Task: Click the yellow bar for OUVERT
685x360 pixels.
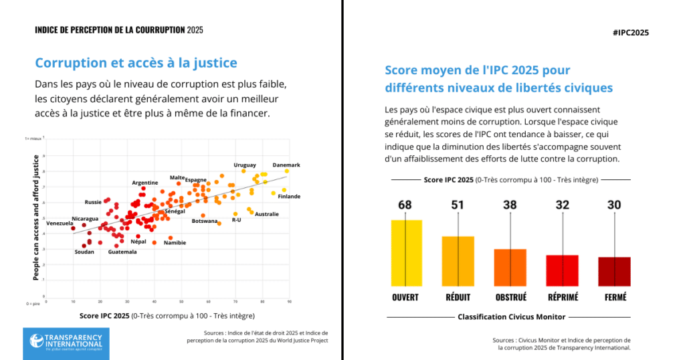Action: coord(406,252)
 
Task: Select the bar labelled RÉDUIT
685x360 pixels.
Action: coord(458,260)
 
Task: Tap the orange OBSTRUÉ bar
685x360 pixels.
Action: coord(510,266)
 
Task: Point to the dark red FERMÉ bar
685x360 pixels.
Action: coord(614,270)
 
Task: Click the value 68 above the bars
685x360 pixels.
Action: coord(405,205)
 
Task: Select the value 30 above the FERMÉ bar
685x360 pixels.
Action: coord(614,205)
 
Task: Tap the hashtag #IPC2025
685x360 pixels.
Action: coord(630,33)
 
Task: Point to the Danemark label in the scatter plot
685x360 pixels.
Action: coord(286,165)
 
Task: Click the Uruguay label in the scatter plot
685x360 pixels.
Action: coord(245,165)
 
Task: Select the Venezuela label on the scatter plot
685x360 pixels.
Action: coord(60,223)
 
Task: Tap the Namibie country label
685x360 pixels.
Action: coord(175,242)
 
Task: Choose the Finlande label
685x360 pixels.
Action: coord(289,196)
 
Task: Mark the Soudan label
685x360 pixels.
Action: coord(84,252)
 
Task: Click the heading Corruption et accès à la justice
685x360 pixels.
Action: coord(136,64)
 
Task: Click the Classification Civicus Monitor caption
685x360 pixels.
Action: coord(510,317)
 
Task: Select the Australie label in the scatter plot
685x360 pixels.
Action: coord(267,214)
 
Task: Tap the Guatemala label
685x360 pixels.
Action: coord(122,252)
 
